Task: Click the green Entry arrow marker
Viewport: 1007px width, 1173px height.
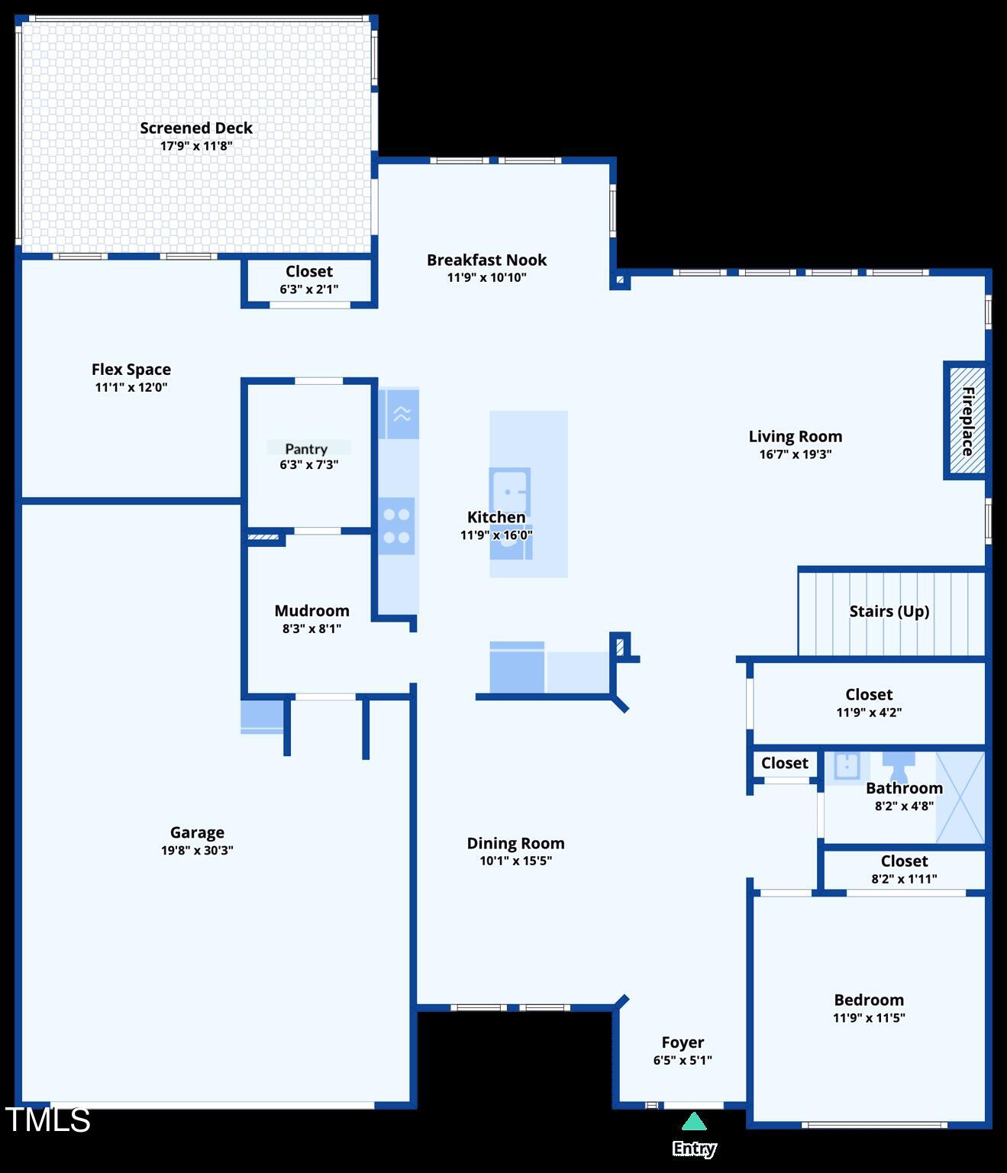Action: [x=693, y=1122]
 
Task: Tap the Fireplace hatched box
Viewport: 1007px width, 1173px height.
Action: [x=966, y=420]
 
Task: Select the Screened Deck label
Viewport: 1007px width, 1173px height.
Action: [x=196, y=128]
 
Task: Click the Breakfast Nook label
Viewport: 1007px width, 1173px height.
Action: [x=486, y=260]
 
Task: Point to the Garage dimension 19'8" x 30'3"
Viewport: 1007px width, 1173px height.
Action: [x=197, y=851]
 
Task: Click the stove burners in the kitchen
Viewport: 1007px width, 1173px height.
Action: [x=397, y=526]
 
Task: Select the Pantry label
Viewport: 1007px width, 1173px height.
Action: [x=306, y=449]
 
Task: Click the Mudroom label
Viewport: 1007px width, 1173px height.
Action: [x=311, y=611]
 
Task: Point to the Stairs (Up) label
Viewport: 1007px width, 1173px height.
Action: [x=889, y=612]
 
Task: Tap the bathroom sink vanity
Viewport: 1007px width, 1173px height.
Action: [x=847, y=766]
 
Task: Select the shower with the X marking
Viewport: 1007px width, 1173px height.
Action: [x=960, y=797]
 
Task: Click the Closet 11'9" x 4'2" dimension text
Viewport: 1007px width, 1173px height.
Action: [x=869, y=713]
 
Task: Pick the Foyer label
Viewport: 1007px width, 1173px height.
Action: [x=683, y=1043]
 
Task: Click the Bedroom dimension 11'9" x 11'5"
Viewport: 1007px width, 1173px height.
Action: [x=869, y=1018]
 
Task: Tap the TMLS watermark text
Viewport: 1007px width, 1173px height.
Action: [x=48, y=1120]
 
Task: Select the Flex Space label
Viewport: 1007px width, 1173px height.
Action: [x=131, y=370]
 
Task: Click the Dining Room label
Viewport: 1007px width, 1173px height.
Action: [x=515, y=844]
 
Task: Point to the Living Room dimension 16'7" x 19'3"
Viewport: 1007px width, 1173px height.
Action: [x=795, y=454]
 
